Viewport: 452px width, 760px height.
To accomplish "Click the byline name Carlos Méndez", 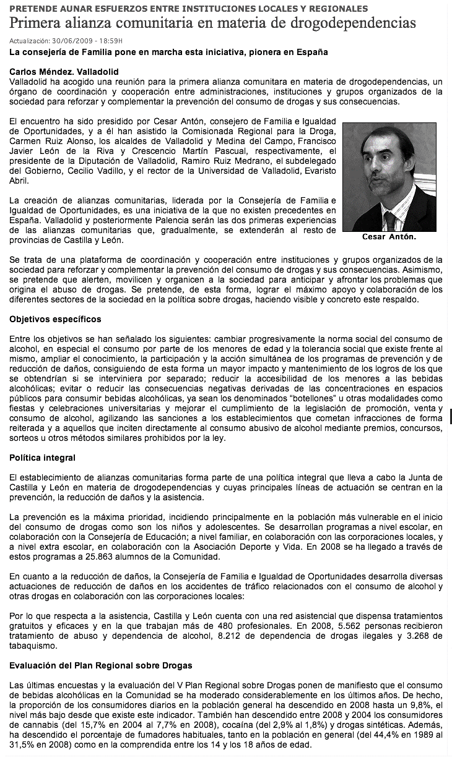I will click(x=40, y=72).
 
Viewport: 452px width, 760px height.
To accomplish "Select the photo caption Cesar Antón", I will click(x=389, y=237).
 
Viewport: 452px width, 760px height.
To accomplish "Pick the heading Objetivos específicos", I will click(x=55, y=319).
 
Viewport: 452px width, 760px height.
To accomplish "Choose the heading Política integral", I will click(x=43, y=458).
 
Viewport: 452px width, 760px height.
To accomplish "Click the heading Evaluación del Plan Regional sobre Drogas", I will click(x=101, y=665).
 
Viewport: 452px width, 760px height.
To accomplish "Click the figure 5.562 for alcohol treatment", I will click(x=337, y=626).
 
